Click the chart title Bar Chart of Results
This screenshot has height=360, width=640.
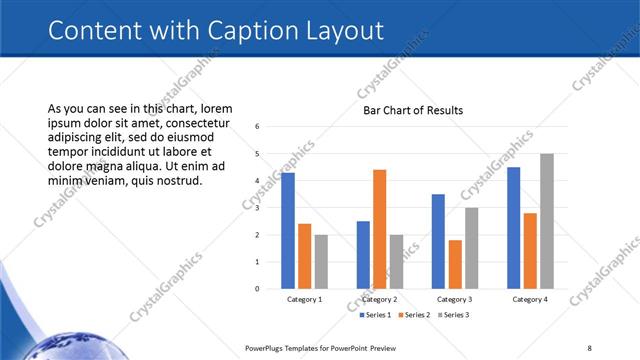pos(413,110)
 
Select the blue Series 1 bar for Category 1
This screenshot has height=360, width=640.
pos(288,230)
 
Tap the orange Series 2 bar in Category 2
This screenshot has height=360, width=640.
pos(380,229)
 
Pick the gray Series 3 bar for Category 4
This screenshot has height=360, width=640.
pos(547,221)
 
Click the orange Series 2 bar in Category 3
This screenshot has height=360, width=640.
pos(455,264)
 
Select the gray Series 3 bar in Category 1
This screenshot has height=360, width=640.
pos(321,262)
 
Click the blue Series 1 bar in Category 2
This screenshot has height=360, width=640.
pos(363,255)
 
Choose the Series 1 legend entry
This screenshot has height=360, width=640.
pos(376,315)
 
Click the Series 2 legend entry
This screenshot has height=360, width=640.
pos(414,315)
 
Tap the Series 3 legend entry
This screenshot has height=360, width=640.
pos(452,315)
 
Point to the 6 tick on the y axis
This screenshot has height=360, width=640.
pos(258,127)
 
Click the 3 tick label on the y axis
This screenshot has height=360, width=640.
pos(258,208)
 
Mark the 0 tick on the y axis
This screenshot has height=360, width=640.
pos(258,289)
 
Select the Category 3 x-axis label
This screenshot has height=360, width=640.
pos(455,299)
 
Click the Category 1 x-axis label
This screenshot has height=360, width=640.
pos(304,299)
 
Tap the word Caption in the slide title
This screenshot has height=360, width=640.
pos(238,30)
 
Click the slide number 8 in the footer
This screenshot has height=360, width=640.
pos(589,348)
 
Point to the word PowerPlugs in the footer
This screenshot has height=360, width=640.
pos(269,348)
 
